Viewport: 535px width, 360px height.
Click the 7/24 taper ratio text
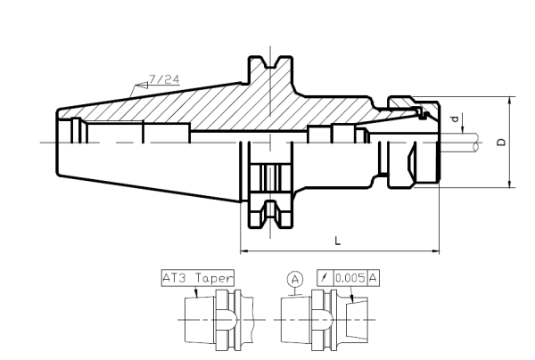(163, 79)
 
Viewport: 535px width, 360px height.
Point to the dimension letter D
(501, 142)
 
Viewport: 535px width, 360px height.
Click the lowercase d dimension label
(456, 119)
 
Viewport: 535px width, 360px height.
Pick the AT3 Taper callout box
(197, 277)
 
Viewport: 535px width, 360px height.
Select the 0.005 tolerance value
(350, 278)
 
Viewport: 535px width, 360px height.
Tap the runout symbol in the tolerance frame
(324, 278)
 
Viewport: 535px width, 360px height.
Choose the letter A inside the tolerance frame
(374, 278)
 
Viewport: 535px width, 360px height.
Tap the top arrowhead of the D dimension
(509, 101)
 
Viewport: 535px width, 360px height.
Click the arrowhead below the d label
(463, 131)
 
